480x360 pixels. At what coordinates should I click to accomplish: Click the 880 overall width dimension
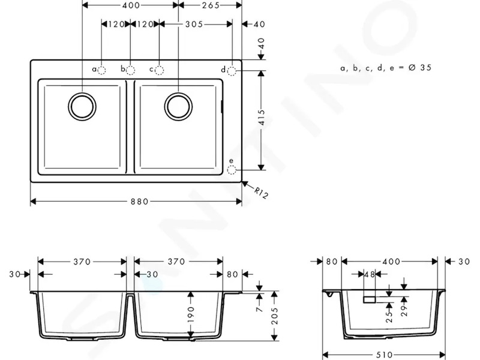pos(139,202)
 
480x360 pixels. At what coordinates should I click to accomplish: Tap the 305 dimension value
pos(194,24)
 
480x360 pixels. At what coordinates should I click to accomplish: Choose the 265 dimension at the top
pos(211,5)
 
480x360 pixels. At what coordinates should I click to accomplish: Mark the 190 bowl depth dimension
pos(191,314)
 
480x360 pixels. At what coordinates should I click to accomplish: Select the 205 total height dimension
pos(275,316)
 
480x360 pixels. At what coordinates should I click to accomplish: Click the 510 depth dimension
pos(384,355)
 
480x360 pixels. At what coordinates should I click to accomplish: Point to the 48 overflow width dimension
pos(370,274)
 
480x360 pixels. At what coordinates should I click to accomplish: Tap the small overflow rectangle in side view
pos(370,299)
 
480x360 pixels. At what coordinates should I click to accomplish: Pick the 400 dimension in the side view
pos(391,262)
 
